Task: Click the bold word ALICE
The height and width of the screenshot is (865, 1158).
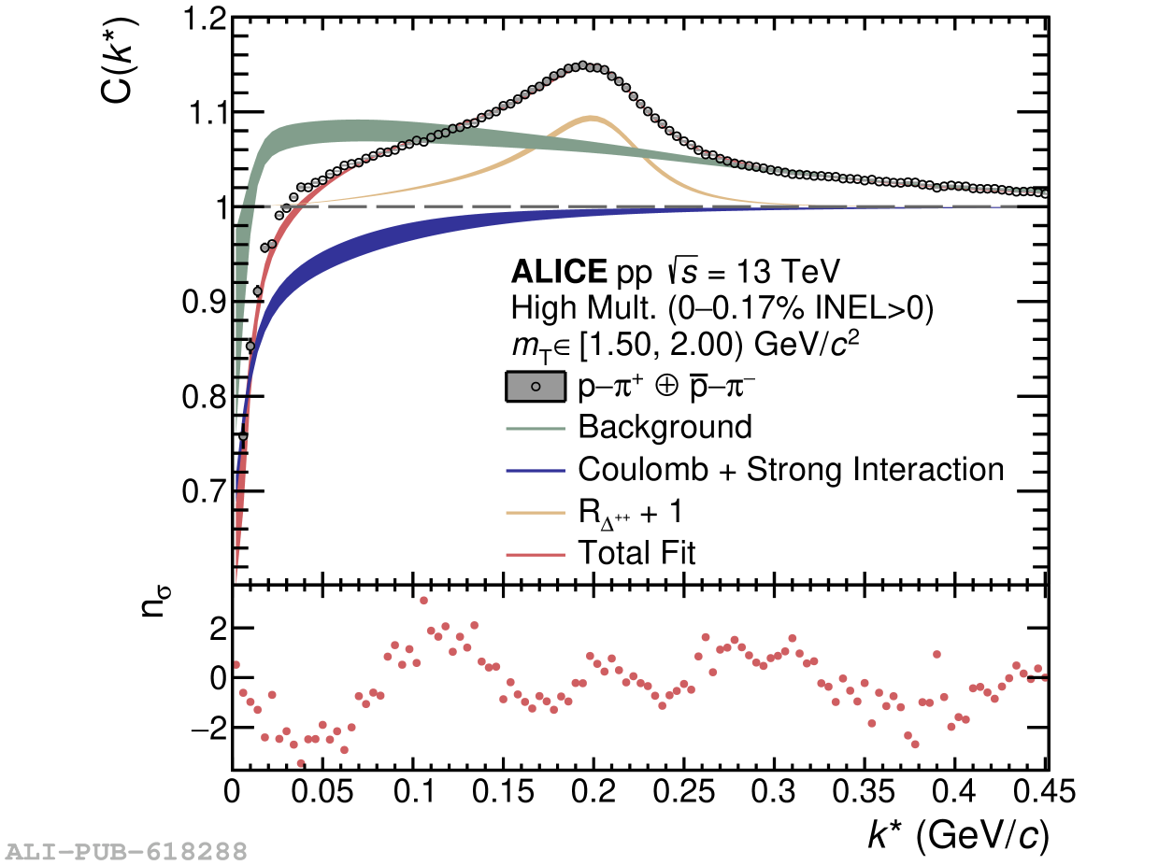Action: click(x=559, y=273)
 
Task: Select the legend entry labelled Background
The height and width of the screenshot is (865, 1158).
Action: click(x=665, y=428)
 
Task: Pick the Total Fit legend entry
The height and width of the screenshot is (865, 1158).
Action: click(x=636, y=553)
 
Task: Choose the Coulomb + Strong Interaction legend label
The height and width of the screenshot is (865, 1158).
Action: click(x=791, y=469)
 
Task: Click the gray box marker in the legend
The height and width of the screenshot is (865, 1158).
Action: click(x=536, y=387)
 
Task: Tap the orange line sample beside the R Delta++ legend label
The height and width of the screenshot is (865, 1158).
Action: click(x=536, y=512)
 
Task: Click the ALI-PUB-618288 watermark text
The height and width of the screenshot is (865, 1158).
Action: click(x=127, y=851)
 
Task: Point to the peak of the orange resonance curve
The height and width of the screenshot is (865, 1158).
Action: click(x=592, y=118)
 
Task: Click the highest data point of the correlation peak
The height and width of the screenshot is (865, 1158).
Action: click(x=582, y=65)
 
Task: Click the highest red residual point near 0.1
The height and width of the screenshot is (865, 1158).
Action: click(x=423, y=601)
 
